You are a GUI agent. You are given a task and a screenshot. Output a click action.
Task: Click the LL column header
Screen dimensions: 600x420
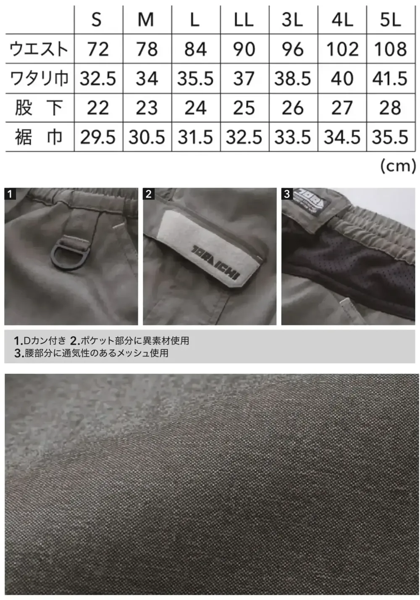pos(244,20)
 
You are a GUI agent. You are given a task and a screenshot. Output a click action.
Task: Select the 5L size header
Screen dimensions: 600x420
pos(391,20)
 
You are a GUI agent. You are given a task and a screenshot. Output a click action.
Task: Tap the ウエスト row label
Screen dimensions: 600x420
pos(39,49)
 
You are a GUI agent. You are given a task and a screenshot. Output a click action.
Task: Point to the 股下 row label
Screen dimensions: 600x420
pos(39,108)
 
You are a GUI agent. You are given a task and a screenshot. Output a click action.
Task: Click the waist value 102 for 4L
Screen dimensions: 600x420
pos(342,49)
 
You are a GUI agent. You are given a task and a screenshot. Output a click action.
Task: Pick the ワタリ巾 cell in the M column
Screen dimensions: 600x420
pos(147,79)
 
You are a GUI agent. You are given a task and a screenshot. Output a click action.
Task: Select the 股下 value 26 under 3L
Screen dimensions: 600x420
pos(293,108)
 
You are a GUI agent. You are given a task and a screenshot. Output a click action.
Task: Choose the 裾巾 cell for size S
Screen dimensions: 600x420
pos(97,137)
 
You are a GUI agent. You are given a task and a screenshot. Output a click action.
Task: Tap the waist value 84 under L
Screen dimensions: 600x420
pos(195,49)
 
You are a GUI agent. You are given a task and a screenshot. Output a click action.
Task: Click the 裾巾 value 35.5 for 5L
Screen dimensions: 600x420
pos(390,137)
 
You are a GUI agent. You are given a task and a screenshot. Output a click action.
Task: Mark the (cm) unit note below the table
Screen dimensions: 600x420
pos(397,166)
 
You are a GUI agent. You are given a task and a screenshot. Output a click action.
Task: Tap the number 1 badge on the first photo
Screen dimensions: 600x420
pos(10,194)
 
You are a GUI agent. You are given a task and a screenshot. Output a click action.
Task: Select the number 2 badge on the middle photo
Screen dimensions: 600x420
pos(148,194)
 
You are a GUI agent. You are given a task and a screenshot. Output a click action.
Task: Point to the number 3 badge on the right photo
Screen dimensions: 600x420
pos(287,194)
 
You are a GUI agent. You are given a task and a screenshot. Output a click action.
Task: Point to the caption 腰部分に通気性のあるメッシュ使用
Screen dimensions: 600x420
pos(96,353)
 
